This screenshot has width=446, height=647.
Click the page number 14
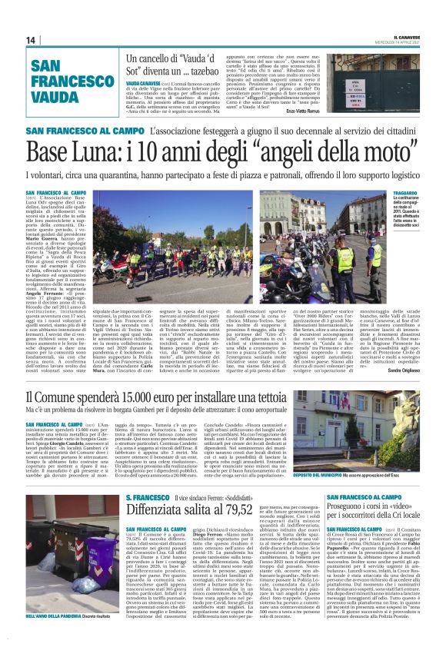(x=31, y=40)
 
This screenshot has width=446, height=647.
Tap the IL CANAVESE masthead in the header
(x=405, y=35)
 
